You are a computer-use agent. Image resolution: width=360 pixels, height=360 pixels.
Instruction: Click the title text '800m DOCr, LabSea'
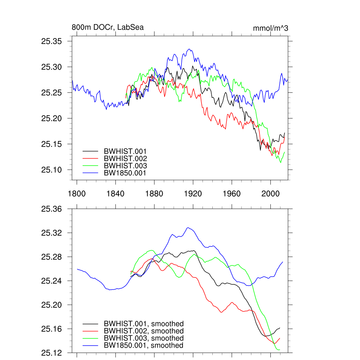108,27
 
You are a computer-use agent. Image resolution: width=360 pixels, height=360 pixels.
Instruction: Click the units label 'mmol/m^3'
270,28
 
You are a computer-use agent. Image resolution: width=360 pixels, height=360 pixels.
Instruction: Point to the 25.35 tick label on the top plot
52,41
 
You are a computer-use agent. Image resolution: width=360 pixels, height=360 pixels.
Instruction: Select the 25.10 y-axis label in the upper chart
52,170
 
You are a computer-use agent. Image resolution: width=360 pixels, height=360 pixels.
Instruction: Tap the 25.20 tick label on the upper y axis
52,118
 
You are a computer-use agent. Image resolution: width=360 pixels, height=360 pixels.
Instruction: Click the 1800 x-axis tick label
77,194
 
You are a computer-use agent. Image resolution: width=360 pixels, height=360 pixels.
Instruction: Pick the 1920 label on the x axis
193,194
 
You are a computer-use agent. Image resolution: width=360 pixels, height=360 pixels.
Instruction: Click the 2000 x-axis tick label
270,194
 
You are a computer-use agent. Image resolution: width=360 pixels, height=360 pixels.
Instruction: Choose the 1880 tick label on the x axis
154,194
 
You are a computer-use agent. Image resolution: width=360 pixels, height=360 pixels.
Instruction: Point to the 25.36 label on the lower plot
52,209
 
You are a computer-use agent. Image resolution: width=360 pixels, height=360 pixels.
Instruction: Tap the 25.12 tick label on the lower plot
52,353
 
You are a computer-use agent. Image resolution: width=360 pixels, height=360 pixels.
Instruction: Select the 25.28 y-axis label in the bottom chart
52,257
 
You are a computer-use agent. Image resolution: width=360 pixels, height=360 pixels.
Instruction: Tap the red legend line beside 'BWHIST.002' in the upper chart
90,159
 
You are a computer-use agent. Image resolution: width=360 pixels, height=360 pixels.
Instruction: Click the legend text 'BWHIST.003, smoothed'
143,338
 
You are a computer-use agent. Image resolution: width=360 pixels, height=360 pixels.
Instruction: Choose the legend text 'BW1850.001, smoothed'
143,346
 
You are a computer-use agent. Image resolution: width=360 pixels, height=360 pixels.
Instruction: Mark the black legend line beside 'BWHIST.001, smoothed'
90,324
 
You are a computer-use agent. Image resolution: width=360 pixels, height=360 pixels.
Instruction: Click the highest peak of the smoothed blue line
188,228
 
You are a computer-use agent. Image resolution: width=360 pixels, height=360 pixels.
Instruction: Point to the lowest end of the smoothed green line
279,350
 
